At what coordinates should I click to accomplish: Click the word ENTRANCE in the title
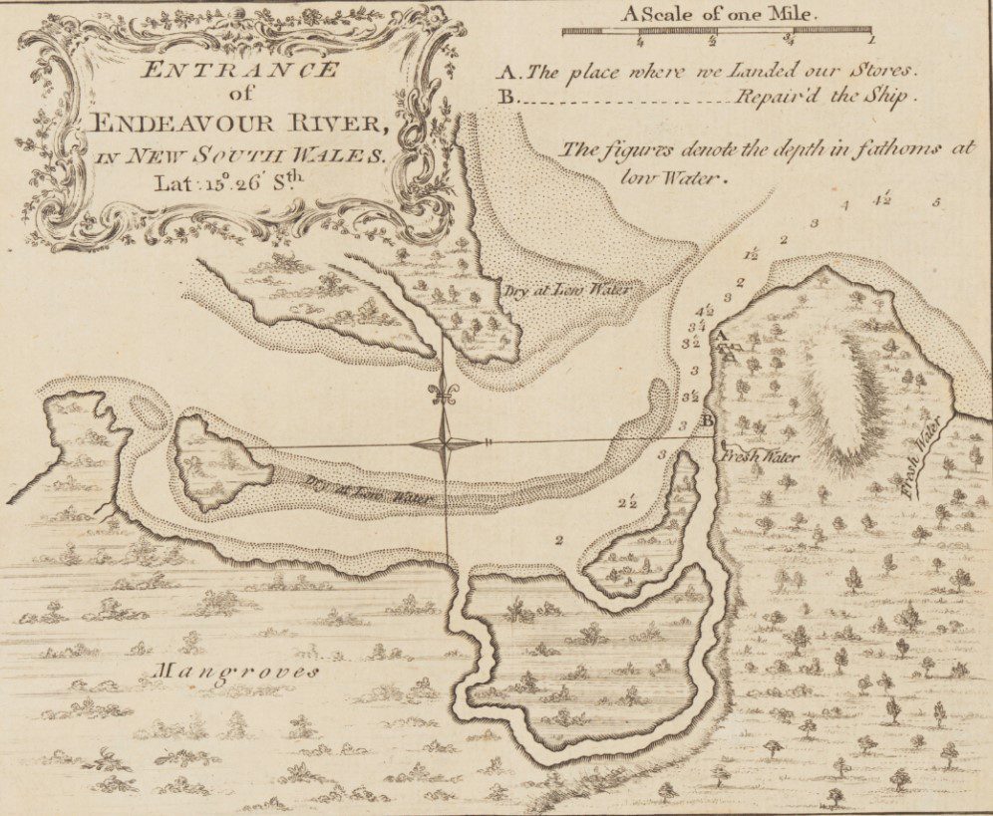click(x=239, y=71)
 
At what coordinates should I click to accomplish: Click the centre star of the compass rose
click(x=445, y=445)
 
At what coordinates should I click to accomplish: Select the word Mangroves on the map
click(x=237, y=673)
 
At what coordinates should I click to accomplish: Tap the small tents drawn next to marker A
click(x=731, y=352)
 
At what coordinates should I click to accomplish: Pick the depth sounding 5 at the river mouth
click(x=935, y=202)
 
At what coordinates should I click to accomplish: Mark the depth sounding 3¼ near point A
click(x=697, y=325)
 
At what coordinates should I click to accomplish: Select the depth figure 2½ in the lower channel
click(x=626, y=501)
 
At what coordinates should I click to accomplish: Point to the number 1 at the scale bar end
click(x=871, y=41)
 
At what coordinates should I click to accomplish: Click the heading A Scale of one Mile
click(x=718, y=15)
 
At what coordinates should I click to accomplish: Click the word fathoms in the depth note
click(x=891, y=149)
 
